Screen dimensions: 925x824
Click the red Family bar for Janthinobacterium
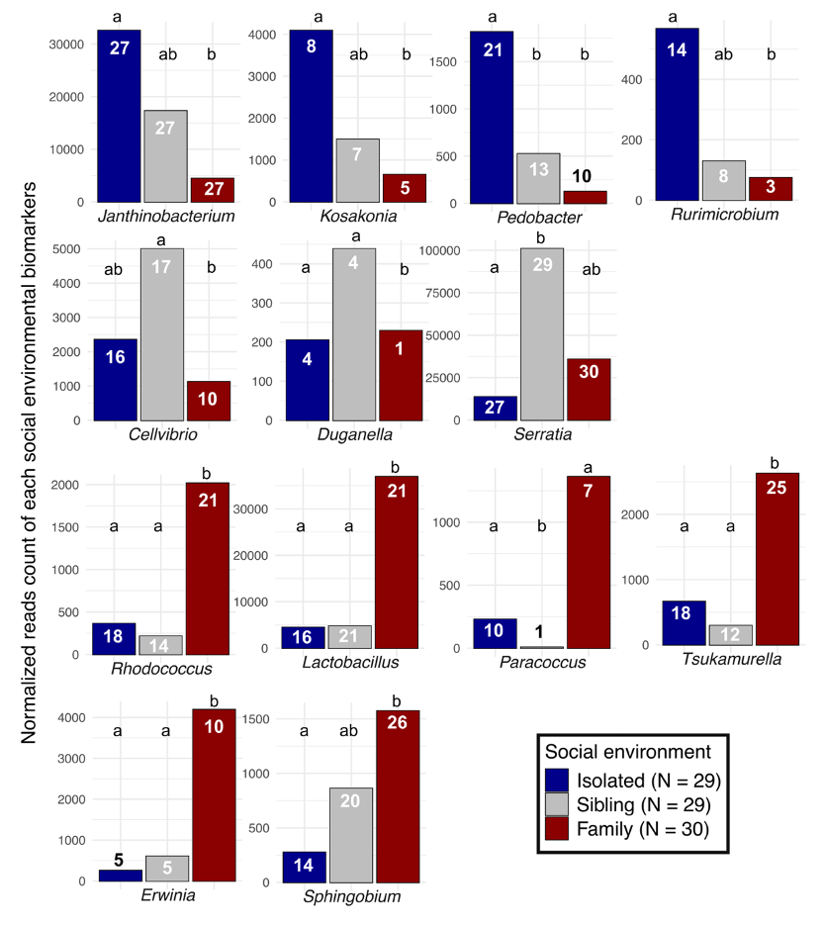click(213, 190)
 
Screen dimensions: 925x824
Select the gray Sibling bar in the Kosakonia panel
click(357, 170)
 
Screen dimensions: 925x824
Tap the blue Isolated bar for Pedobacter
click(492, 117)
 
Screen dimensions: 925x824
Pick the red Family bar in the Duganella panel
click(400, 375)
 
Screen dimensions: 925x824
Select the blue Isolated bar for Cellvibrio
click(116, 379)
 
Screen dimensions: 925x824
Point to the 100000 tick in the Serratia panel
click(442, 250)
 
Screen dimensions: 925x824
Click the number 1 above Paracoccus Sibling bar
click(541, 632)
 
